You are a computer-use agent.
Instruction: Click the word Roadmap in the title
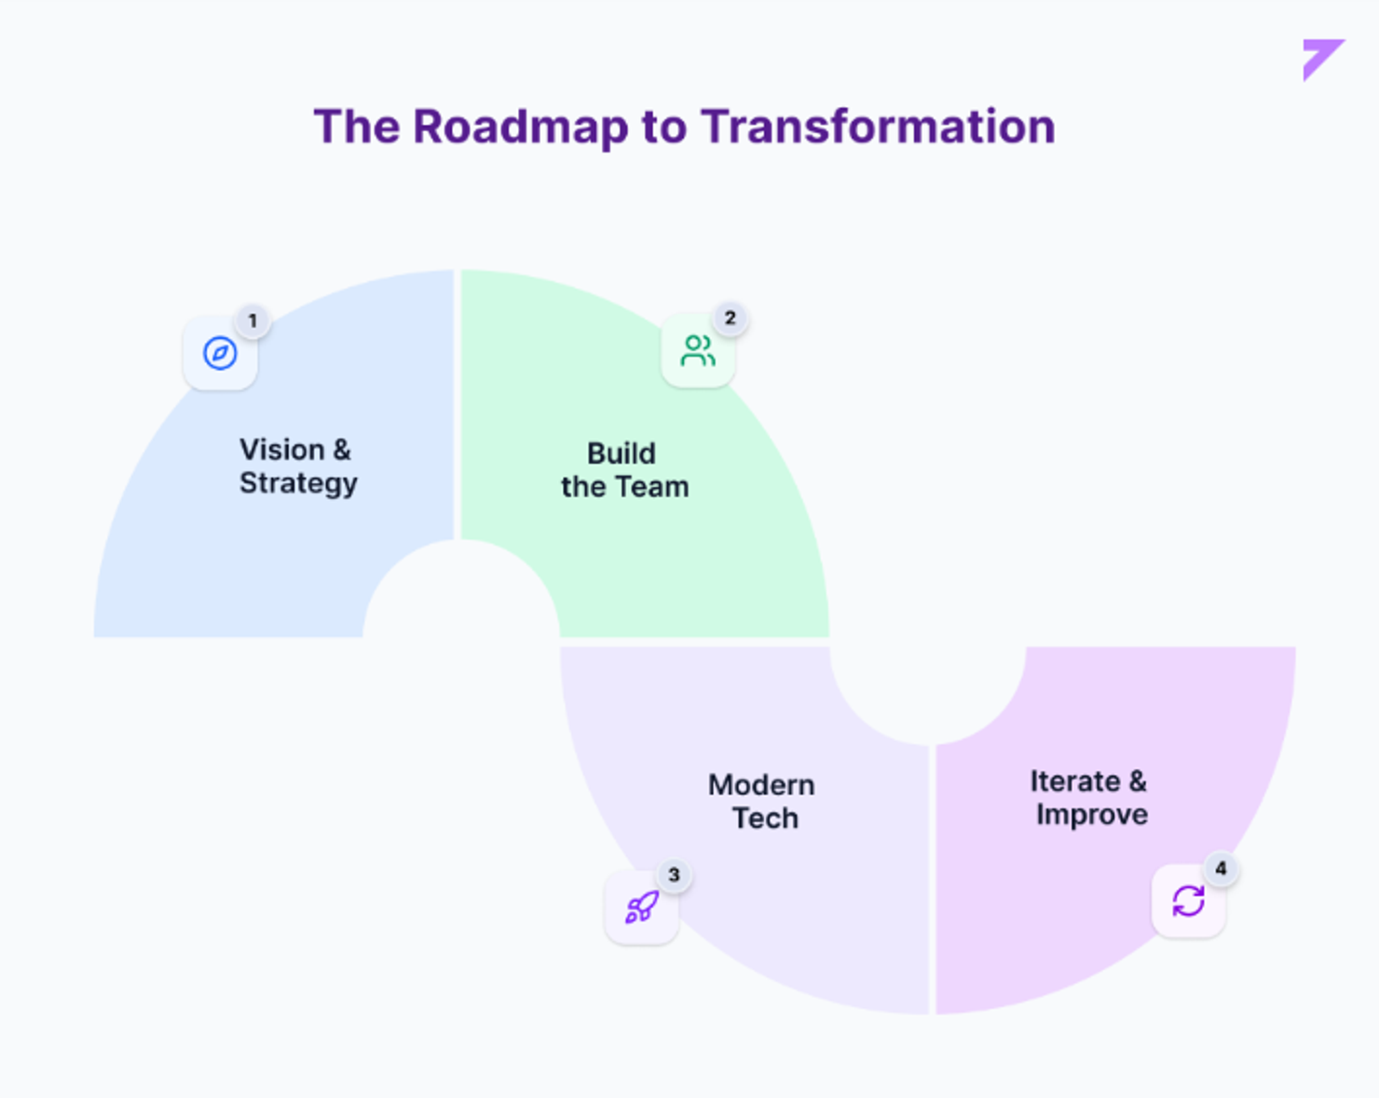pyautogui.click(x=521, y=127)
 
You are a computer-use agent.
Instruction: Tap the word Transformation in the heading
pyautogui.click(x=878, y=127)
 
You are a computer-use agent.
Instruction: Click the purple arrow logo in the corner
pyautogui.click(x=1322, y=60)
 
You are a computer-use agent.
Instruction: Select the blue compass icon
pyautogui.click(x=220, y=353)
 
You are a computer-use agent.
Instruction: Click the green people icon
pyautogui.click(x=698, y=350)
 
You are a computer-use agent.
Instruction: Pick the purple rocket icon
pyautogui.click(x=642, y=906)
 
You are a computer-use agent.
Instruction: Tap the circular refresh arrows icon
pyautogui.click(x=1189, y=901)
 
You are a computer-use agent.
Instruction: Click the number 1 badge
pyautogui.click(x=253, y=321)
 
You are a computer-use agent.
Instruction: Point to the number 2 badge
pyautogui.click(x=730, y=319)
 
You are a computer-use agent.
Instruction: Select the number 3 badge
pyautogui.click(x=674, y=875)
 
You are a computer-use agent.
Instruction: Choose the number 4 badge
pyautogui.click(x=1221, y=869)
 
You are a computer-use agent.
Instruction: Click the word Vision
pyautogui.click(x=282, y=450)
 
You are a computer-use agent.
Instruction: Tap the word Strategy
pyautogui.click(x=298, y=483)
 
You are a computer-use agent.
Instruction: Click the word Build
pyautogui.click(x=621, y=454)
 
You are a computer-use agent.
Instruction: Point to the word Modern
pyautogui.click(x=761, y=785)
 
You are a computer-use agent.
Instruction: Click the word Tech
pyautogui.click(x=766, y=819)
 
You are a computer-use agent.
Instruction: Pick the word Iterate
pyautogui.click(x=1075, y=781)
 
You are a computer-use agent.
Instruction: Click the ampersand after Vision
pyautogui.click(x=342, y=450)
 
